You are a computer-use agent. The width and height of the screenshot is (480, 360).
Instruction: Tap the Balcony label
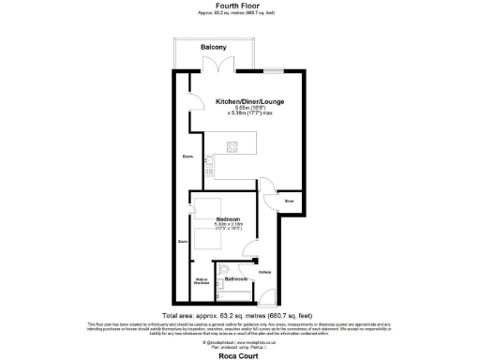pyautogui.click(x=214, y=47)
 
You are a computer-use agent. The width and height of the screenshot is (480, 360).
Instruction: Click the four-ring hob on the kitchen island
pyautogui.click(x=232, y=145)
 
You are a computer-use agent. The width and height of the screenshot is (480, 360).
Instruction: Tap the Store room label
pyautogui.click(x=290, y=201)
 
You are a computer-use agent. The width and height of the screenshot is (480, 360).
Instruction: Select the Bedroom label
pyautogui.click(x=229, y=218)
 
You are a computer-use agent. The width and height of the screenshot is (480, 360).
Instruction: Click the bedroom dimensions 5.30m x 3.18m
pyautogui.click(x=229, y=225)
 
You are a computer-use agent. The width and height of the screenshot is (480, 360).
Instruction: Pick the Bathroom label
pyautogui.click(x=235, y=279)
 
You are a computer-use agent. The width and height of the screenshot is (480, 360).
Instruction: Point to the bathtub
pyautogui.click(x=234, y=294)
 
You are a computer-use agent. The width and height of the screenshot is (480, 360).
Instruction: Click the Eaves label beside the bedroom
pyautogui.click(x=183, y=242)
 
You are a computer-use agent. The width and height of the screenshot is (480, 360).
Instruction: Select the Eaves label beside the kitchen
pyautogui.click(x=187, y=156)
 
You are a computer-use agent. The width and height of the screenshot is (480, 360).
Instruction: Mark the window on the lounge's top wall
pyautogui.click(x=274, y=71)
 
